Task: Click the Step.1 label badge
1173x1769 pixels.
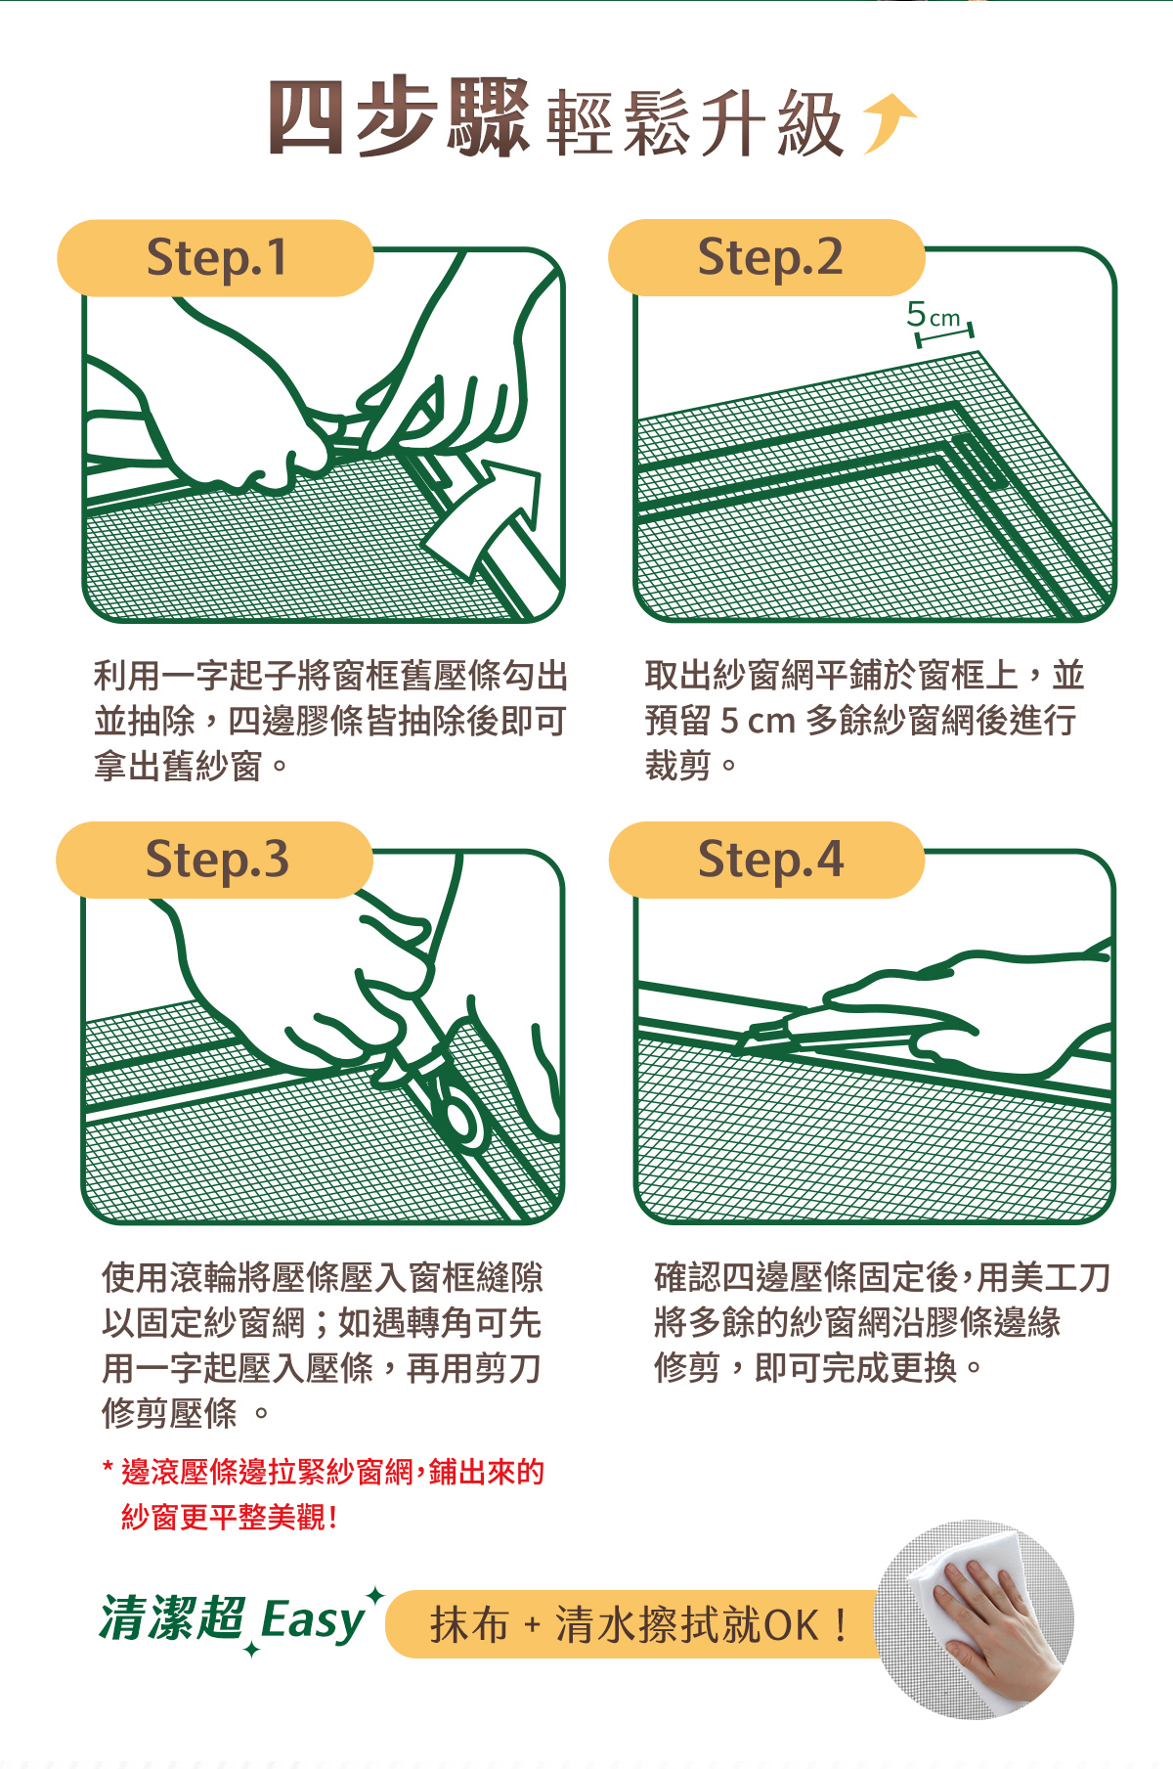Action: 215,258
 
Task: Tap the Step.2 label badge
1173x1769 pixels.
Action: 766,258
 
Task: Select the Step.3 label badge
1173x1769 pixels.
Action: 215,861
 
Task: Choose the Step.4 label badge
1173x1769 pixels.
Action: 766,861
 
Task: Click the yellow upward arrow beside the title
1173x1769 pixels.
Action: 888,123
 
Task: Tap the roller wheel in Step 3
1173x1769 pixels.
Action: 459,1119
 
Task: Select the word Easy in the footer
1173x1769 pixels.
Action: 312,1621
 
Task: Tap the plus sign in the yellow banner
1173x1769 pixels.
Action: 532,1626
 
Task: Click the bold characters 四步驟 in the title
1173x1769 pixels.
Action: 399,118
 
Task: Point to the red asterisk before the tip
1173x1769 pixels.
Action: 108,1468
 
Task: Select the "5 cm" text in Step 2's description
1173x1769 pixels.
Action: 759,721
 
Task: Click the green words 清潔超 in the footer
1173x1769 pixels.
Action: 172,1617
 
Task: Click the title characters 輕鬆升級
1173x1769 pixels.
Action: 694,123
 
